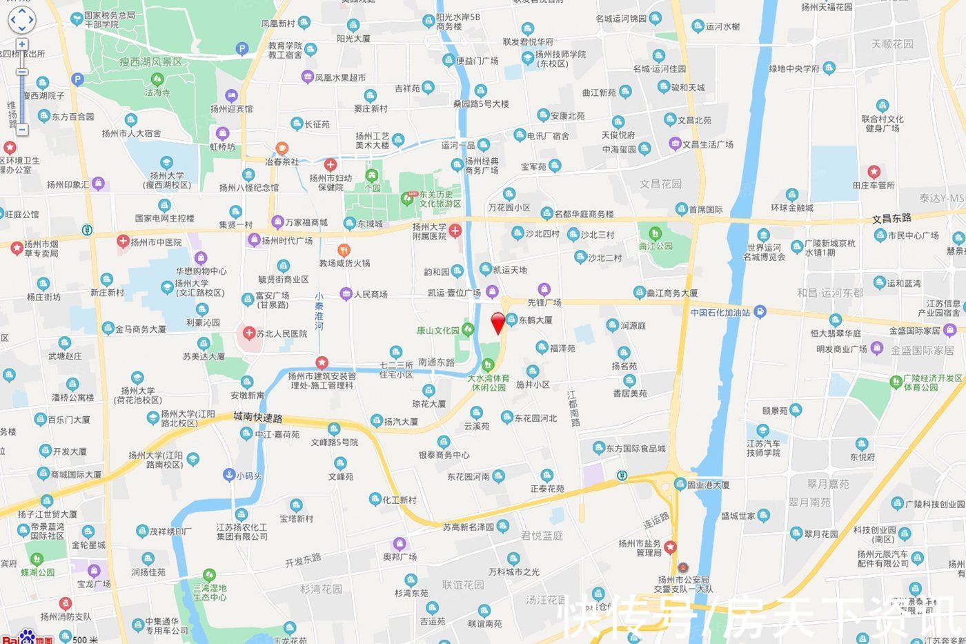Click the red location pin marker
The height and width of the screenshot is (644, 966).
497,322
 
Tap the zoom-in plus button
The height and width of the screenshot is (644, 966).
21,44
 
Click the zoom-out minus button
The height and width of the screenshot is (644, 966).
21,129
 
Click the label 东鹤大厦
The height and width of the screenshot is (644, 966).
535,320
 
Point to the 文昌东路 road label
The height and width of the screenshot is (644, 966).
891,218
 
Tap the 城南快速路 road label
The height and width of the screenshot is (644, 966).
258,418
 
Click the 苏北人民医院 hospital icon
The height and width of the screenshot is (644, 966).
248,333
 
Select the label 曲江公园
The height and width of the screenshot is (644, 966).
655,246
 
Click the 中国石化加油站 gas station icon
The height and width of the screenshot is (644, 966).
760,312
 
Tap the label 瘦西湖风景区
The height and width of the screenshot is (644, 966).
150,62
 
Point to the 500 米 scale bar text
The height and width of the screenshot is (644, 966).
86,639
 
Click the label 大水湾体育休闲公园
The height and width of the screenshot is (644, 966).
489,383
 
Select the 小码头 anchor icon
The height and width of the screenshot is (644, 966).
229,475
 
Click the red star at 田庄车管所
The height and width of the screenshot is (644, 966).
874,172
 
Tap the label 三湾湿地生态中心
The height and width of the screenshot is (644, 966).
210,592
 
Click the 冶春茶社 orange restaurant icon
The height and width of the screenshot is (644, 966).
282,149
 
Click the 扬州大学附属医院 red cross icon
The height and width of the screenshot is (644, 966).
455,231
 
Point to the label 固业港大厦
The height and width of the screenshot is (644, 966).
708,485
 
